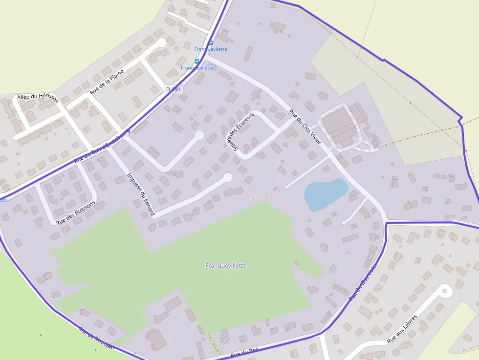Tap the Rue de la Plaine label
point(107,82)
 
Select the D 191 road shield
point(173,89)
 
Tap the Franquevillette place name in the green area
point(226,266)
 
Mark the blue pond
point(325,194)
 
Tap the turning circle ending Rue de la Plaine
point(161,43)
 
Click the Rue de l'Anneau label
point(96,337)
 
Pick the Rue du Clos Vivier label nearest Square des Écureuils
point(305,127)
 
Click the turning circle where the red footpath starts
point(228,177)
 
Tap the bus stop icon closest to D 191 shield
point(197,62)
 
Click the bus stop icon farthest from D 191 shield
point(211,43)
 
